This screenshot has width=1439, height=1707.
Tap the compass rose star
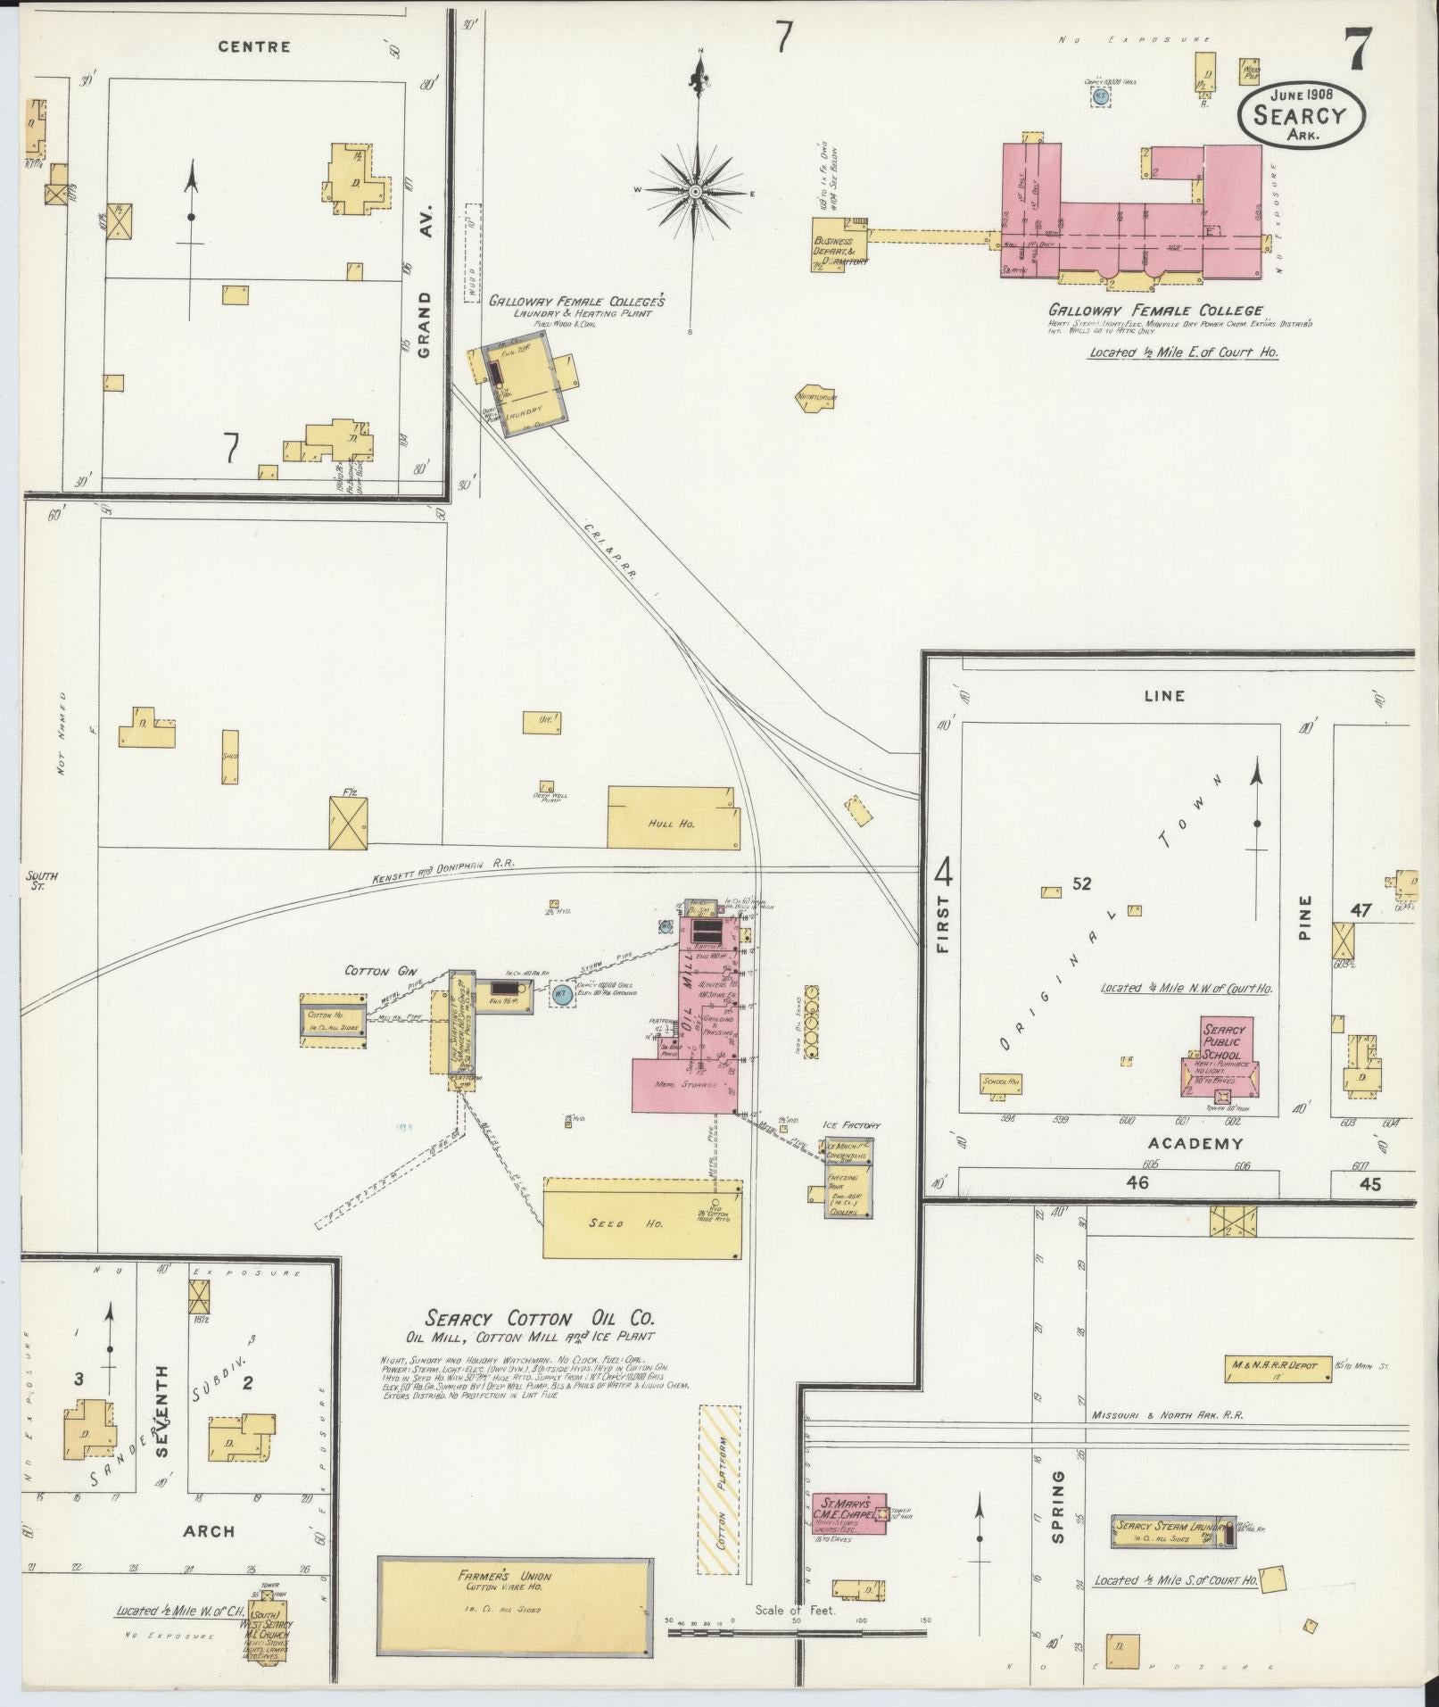(695, 191)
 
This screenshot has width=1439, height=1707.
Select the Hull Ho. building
(673, 817)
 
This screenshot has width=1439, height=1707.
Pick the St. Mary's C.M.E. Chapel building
(848, 1514)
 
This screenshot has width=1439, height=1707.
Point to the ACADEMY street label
(1195, 1143)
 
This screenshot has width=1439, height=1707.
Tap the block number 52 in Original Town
(1082, 884)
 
